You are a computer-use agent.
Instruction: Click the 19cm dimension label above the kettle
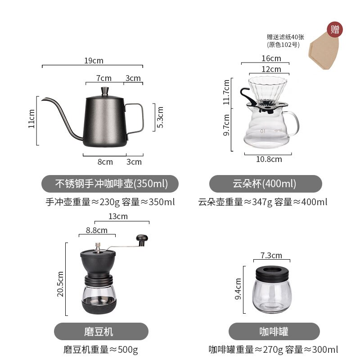click(x=94, y=60)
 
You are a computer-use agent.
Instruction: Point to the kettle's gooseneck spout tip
click(x=43, y=99)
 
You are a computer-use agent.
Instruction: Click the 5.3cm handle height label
click(x=160, y=117)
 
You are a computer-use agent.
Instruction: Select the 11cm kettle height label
click(x=31, y=119)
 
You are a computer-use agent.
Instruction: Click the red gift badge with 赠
click(x=335, y=29)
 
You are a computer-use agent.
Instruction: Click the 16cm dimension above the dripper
click(x=271, y=58)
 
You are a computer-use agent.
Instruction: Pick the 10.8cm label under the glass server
click(x=269, y=159)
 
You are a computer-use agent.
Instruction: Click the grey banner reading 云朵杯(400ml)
click(x=265, y=184)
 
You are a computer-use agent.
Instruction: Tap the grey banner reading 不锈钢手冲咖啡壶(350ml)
click(x=110, y=184)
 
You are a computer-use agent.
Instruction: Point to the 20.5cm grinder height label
click(x=60, y=280)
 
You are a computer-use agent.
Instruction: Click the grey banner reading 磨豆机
click(x=101, y=332)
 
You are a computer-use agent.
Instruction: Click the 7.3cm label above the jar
click(x=271, y=256)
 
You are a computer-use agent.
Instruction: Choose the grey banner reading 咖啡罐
click(x=274, y=332)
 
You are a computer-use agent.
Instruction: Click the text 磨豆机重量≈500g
click(x=101, y=350)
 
